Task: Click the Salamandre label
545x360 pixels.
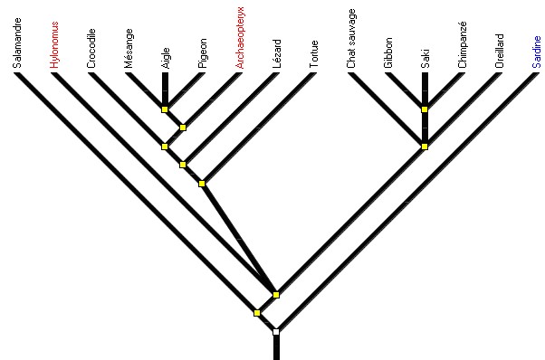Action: (17, 45)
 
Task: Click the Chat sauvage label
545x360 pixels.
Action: (351, 38)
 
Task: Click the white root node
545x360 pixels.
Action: (276, 332)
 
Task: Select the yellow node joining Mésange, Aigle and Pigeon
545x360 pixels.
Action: (165, 109)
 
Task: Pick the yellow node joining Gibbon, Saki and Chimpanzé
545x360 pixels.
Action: (425, 109)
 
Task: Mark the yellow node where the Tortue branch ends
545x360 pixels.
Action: (202, 184)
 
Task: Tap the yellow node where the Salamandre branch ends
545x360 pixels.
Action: (257, 313)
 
